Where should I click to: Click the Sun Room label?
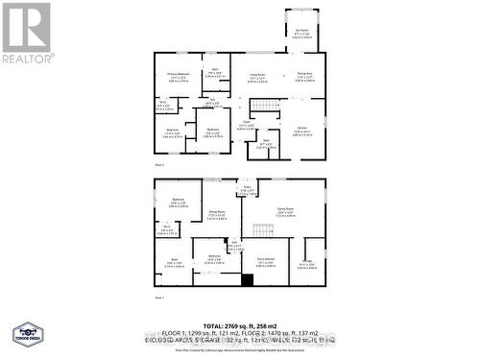tap(301, 32)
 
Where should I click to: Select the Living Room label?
tap(257, 76)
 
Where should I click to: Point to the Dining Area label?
tap(304, 76)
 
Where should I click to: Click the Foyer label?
tap(246, 124)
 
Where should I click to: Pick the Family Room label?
tap(286, 214)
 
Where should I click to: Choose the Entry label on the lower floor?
tap(247, 190)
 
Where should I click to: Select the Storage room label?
tap(305, 266)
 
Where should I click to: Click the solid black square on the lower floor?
tap(247, 280)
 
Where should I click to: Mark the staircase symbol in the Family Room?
tap(261, 228)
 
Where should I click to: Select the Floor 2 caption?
tap(162, 165)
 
